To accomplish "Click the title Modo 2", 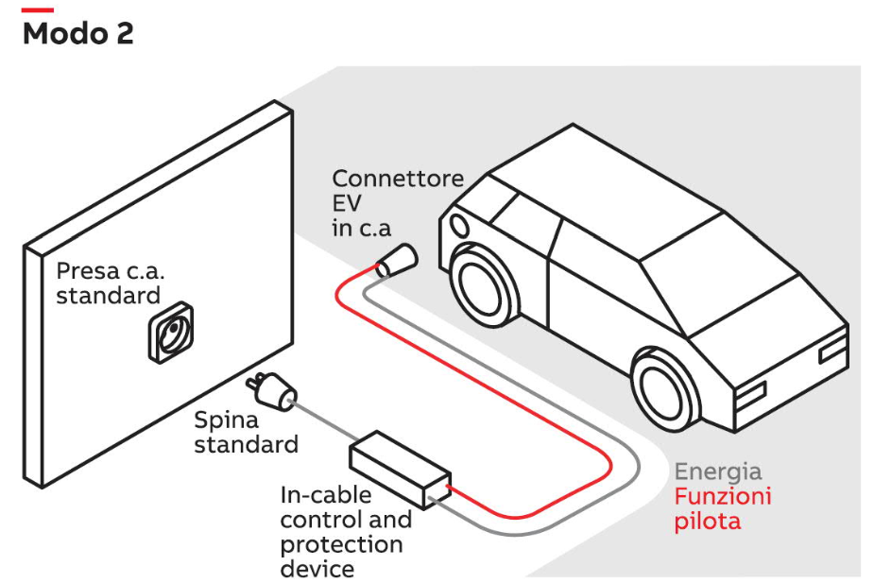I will (x=78, y=33).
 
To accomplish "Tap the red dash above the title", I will (x=37, y=9).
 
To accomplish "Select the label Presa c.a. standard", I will (x=110, y=283).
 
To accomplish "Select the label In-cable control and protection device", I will (x=345, y=531).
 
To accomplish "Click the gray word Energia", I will (x=717, y=472).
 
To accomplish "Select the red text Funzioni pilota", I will (x=722, y=508).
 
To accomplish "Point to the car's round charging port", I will (x=459, y=225).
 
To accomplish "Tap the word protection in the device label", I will (x=341, y=544).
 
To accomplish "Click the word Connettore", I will (x=397, y=179).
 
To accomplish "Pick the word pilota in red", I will (x=707, y=521).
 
